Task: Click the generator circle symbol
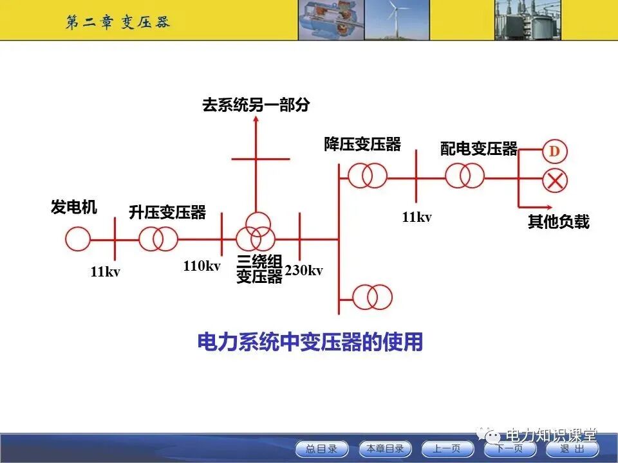point(78,239)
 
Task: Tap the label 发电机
point(74,208)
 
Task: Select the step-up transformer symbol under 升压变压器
point(158,239)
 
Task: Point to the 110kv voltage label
point(201,266)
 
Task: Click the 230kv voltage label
point(304,270)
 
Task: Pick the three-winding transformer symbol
point(255,233)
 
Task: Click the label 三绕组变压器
point(259,269)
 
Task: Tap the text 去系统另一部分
point(256,105)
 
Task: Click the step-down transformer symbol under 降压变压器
point(368,175)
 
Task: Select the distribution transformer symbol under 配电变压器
point(464,175)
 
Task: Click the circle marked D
point(554,152)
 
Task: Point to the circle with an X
point(554,181)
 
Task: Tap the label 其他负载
point(558,222)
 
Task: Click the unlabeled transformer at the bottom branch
point(372,297)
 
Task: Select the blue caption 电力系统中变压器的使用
point(310,342)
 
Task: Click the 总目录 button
point(321,449)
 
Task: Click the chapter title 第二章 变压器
point(117,22)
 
